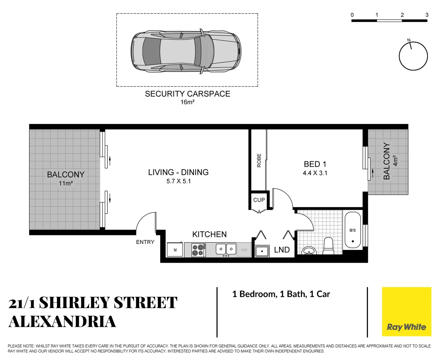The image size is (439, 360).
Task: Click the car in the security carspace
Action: click(186, 51)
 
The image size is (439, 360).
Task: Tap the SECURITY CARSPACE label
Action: click(187, 94)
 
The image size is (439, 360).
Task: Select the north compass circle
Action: click(413, 56)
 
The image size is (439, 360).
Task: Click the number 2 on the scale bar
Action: click(402, 15)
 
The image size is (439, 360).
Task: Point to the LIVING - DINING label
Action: click(178, 172)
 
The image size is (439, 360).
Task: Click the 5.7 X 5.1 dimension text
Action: click(178, 181)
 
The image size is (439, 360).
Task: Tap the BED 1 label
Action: click(315, 164)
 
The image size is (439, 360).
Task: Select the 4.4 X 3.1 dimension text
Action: click(315, 173)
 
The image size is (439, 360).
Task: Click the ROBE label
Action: click(259, 160)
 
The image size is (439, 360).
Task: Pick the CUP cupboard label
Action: click(259, 200)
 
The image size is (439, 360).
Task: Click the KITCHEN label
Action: click(209, 234)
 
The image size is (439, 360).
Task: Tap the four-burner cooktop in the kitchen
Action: click(198, 250)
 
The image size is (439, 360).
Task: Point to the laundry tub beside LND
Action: click(262, 251)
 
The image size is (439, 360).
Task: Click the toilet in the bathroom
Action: click(328, 246)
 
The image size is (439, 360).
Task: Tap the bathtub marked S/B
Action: click(353, 230)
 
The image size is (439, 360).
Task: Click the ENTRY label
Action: click(145, 242)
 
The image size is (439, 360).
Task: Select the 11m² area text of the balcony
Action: click(66, 183)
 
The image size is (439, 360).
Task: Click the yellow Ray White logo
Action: click(406, 312)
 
